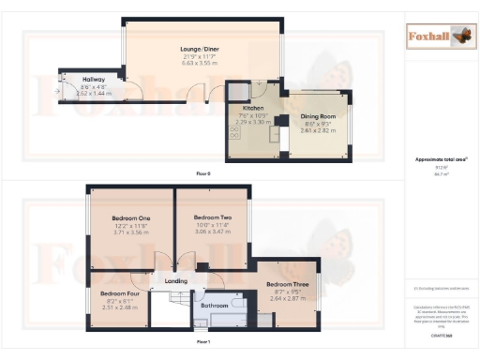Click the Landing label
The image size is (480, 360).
[x=177, y=280]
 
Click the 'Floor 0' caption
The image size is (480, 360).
[x=202, y=174]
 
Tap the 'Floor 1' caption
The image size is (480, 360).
[x=202, y=343]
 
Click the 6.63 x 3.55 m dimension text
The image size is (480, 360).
[x=199, y=63]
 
